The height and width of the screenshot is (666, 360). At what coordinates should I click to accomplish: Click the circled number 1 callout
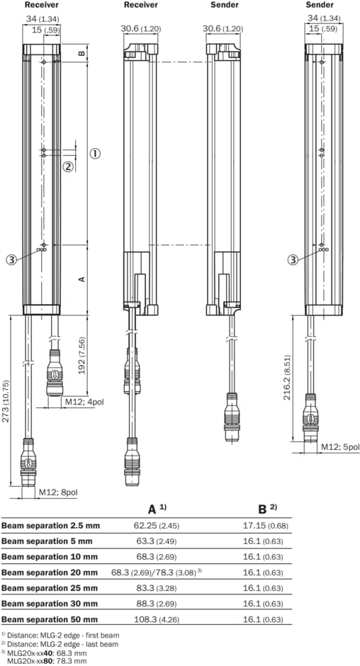pyautogui.click(x=95, y=153)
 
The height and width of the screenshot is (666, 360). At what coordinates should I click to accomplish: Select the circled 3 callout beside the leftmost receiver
pyautogui.click(x=11, y=259)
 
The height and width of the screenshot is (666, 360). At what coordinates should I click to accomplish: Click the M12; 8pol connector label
pyautogui.click(x=58, y=492)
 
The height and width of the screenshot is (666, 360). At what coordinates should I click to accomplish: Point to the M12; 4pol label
pyautogui.click(x=84, y=402)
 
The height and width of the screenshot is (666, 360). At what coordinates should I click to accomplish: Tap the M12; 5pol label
pyautogui.click(x=339, y=446)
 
